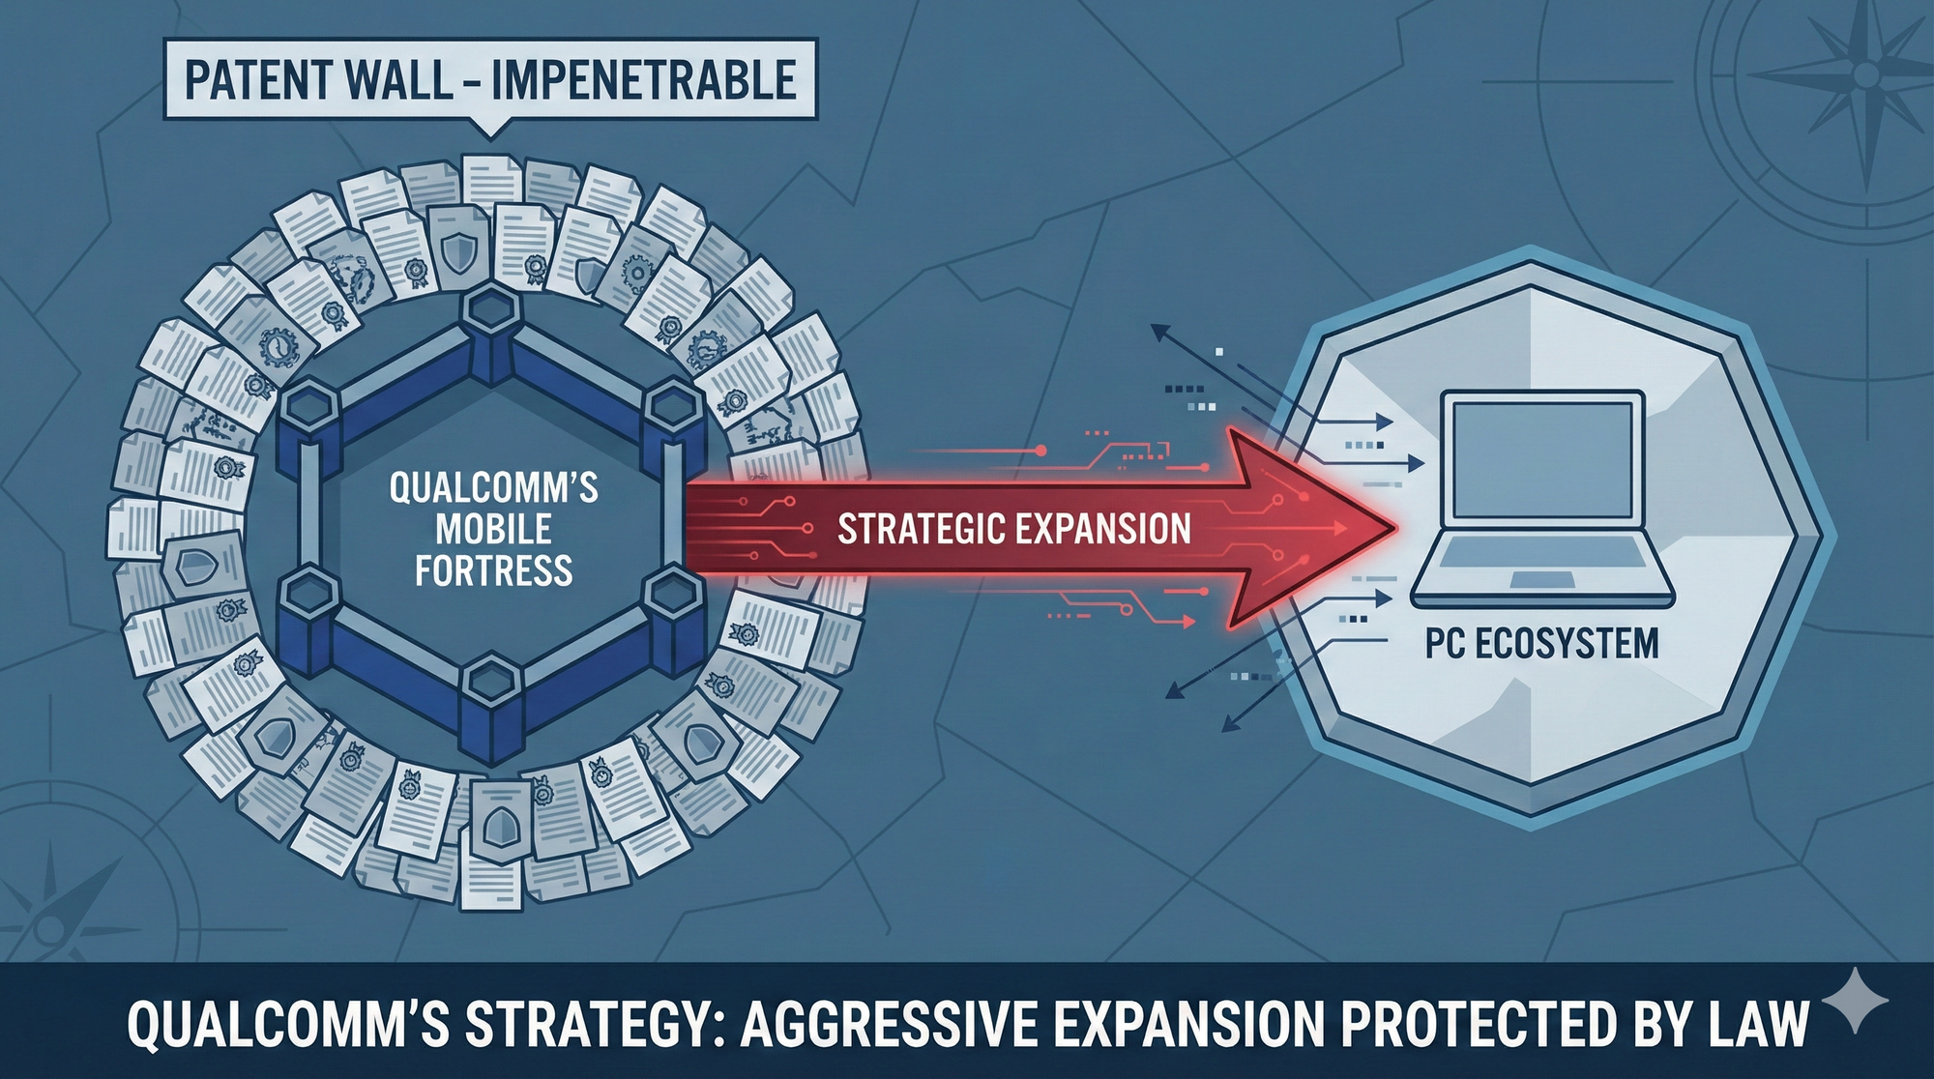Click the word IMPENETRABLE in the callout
pyautogui.click(x=643, y=79)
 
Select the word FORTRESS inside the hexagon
pyautogui.click(x=494, y=570)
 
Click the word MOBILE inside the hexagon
pyautogui.click(x=494, y=529)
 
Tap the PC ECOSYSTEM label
pyautogui.click(x=1541, y=644)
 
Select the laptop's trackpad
pyautogui.click(x=1542, y=578)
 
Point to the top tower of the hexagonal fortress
pyautogui.click(x=491, y=334)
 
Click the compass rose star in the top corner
pyautogui.click(x=1866, y=75)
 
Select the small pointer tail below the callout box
pyautogui.click(x=490, y=128)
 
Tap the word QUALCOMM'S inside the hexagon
pyautogui.click(x=494, y=487)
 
